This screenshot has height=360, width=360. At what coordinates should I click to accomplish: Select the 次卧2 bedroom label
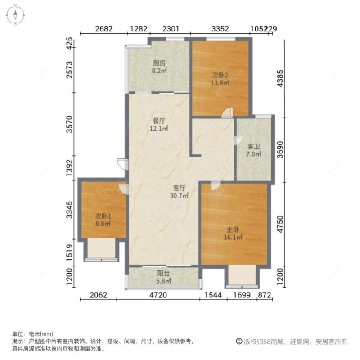[x=220, y=76]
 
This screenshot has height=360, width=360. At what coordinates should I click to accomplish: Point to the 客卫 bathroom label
[x=254, y=146]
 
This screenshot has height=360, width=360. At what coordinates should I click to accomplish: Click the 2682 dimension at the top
[x=104, y=29]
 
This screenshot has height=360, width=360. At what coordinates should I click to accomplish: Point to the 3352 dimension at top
[x=220, y=29]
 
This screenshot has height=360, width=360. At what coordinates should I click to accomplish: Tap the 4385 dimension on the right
[x=280, y=79]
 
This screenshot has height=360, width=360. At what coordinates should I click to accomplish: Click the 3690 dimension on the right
[x=280, y=149]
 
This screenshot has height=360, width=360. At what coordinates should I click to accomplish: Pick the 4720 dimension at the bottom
[x=158, y=295]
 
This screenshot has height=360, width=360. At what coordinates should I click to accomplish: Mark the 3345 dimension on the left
[x=69, y=210]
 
